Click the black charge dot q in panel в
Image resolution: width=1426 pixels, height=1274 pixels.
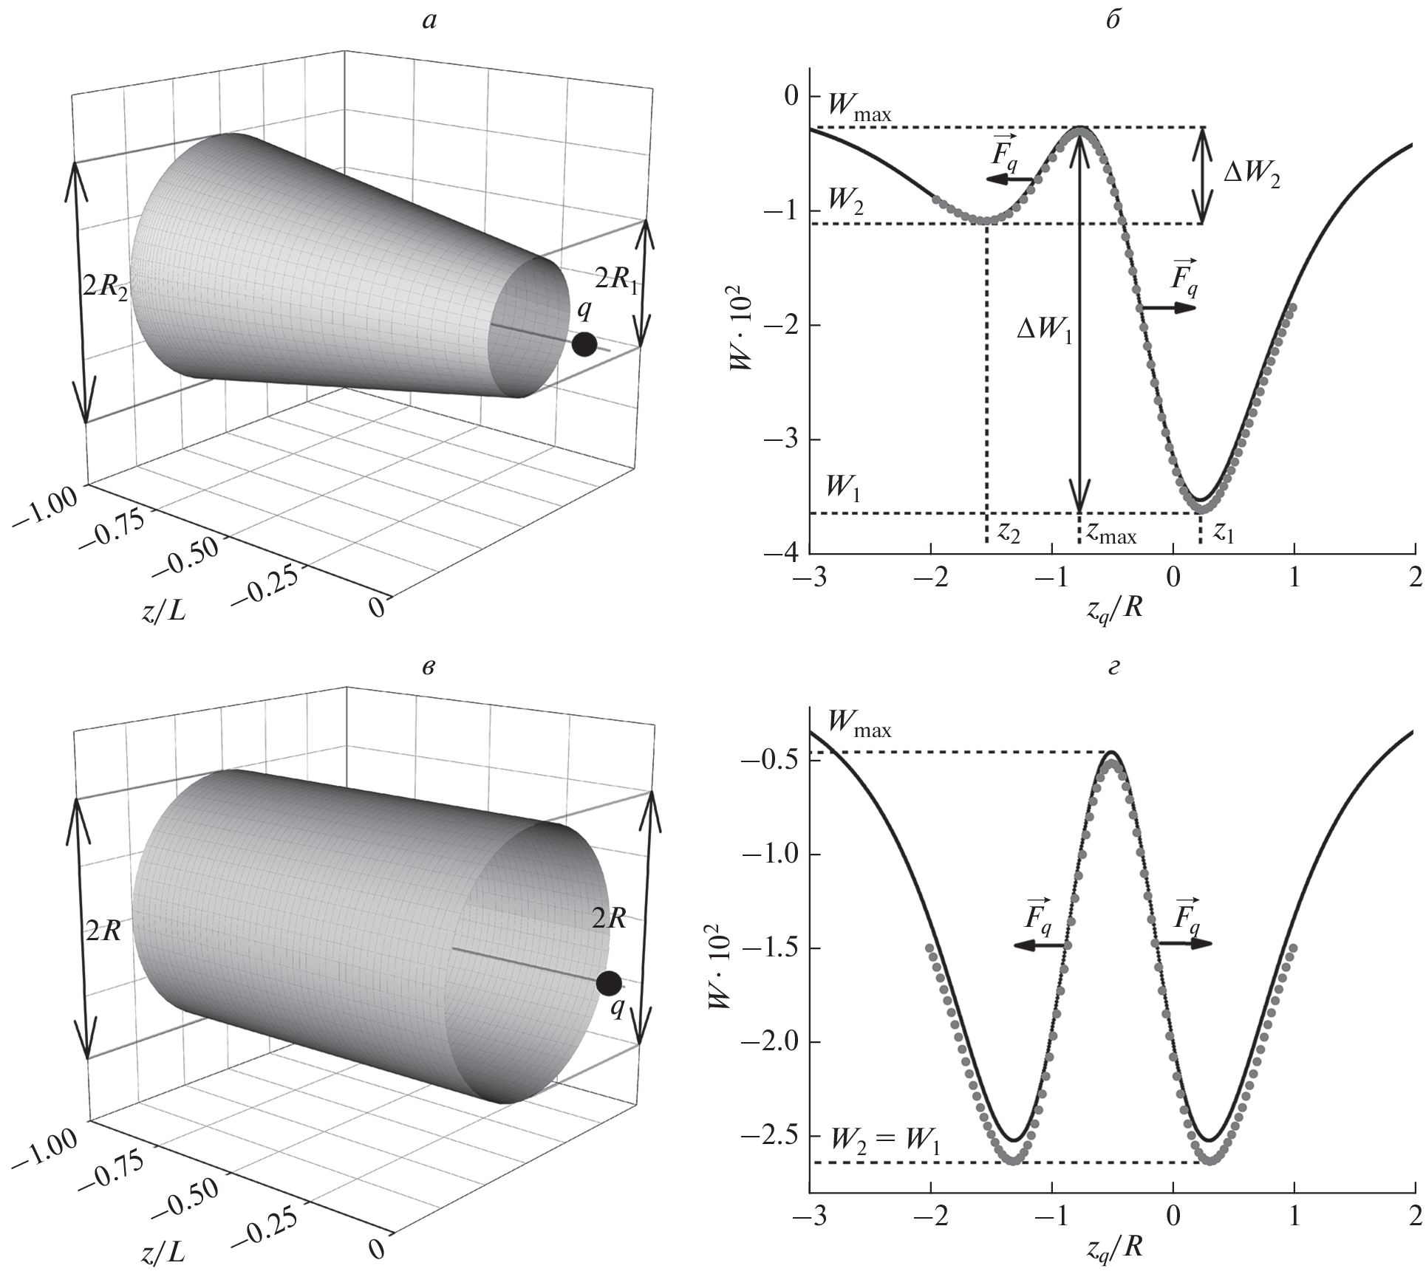click(x=609, y=984)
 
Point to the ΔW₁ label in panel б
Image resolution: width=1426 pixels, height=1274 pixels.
click(x=1044, y=330)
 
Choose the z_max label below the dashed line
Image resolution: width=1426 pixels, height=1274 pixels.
click(x=1111, y=532)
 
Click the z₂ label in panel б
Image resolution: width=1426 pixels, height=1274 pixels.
click(x=1009, y=531)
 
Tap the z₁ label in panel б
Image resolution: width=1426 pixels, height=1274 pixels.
click(x=1224, y=531)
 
